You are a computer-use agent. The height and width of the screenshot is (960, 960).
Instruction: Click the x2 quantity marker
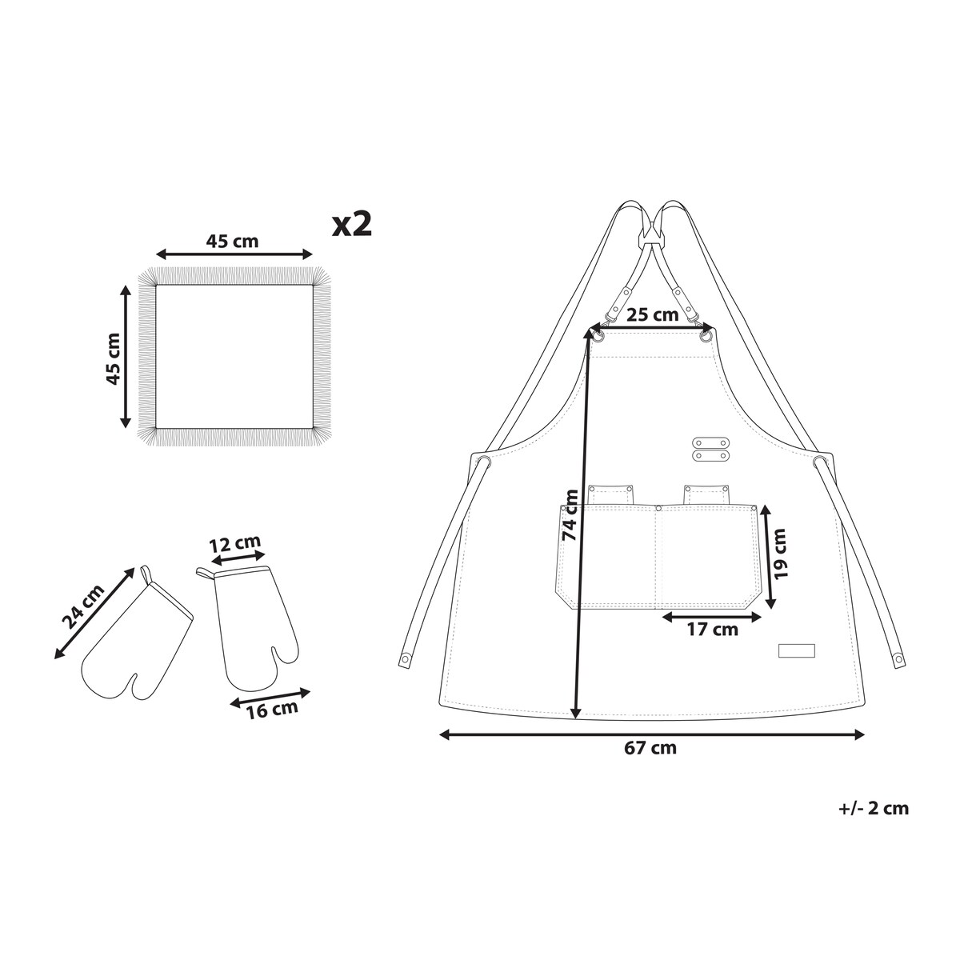(352, 225)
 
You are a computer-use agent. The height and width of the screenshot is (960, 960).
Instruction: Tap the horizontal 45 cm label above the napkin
(232, 242)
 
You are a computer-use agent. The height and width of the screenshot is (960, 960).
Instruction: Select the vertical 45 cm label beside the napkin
(114, 359)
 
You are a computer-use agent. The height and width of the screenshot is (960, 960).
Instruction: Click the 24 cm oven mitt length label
(83, 606)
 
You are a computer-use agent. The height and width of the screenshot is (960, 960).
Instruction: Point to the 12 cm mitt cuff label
(234, 544)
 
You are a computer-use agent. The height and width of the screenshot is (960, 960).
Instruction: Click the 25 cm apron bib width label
(652, 315)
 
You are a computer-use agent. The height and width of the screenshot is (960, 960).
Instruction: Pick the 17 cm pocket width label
(713, 630)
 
